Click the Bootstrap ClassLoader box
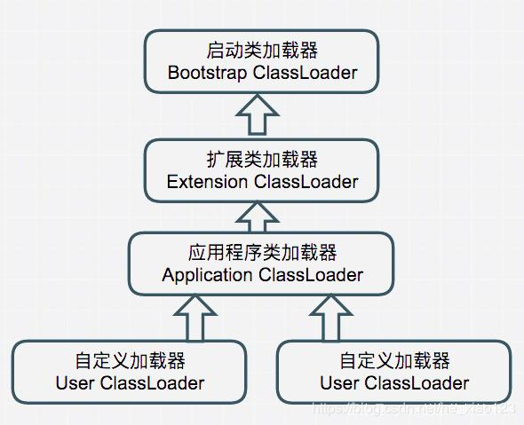pos(262,59)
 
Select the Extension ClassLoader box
pos(262,169)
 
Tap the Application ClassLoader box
pos(262,263)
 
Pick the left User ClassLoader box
pos(130,371)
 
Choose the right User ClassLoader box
pos(393,371)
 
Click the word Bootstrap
pos(207,73)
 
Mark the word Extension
pos(208,183)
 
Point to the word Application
pos(207,275)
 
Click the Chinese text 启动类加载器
pos(262,50)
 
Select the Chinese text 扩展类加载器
pos(262,160)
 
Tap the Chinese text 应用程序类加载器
pos(262,253)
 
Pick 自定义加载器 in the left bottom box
pos(130,361)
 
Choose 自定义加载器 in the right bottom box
pos(393,361)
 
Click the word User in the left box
pos(75,383)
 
